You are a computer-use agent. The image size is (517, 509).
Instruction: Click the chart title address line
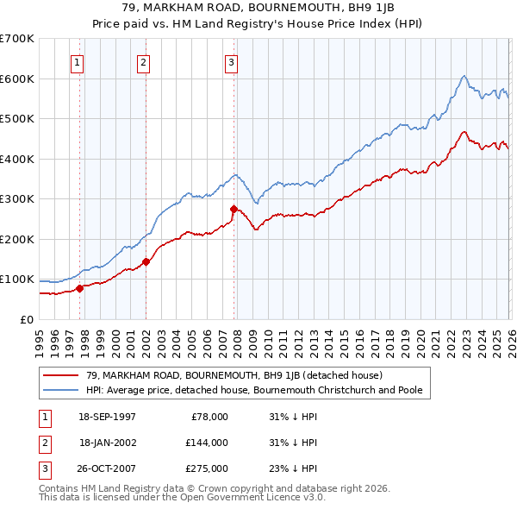tap(258, 8)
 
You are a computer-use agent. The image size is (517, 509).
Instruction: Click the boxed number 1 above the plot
tap(78, 62)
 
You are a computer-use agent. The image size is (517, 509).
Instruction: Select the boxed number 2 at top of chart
tap(143, 62)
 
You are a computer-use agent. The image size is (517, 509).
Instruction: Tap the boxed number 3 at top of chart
tap(232, 62)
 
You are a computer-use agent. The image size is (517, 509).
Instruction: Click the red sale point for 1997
tap(80, 288)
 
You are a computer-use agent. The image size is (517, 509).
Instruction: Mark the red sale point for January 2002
tap(146, 261)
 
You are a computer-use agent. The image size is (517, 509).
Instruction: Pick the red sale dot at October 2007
tap(234, 209)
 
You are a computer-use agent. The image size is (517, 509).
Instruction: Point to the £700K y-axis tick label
tap(16, 39)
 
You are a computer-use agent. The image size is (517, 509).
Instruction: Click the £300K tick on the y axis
tap(16, 199)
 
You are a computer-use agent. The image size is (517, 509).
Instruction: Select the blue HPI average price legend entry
tap(254, 390)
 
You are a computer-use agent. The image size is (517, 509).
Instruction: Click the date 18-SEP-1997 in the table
tap(108, 417)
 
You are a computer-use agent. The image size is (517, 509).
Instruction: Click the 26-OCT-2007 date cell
tap(108, 468)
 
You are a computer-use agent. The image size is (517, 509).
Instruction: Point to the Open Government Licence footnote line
tap(182, 497)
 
